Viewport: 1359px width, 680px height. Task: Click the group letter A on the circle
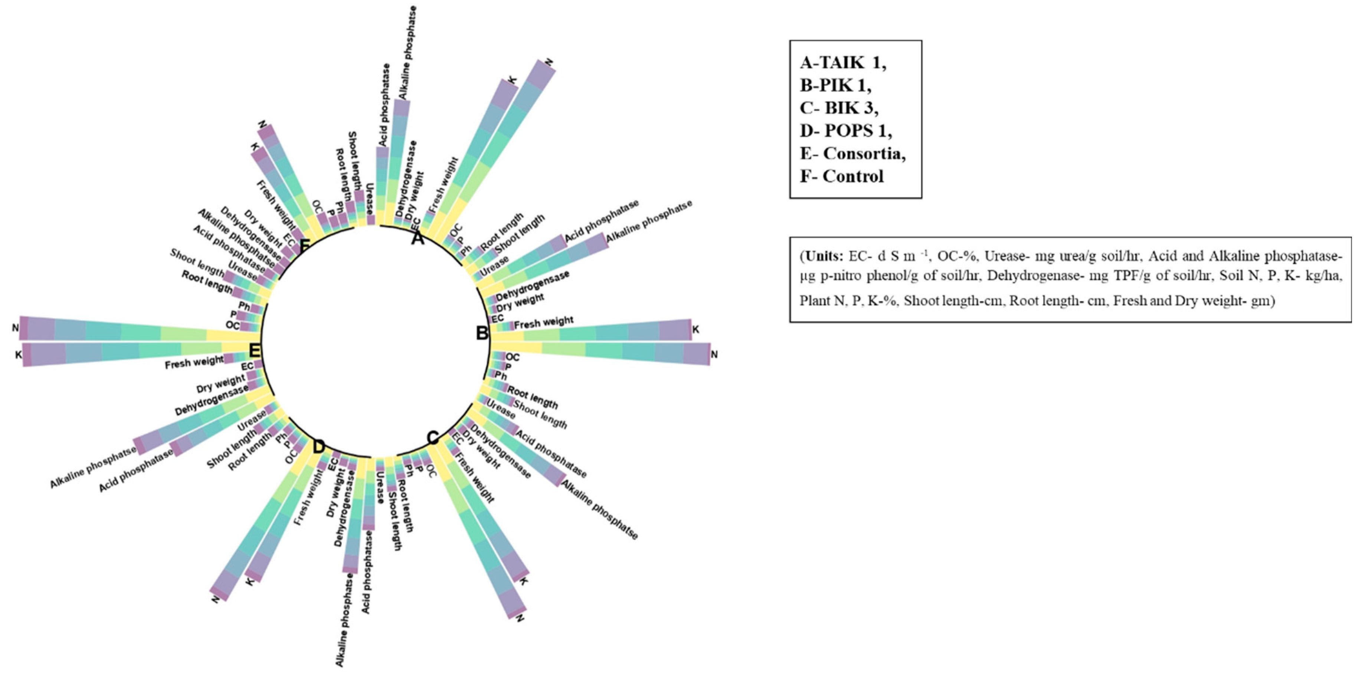pyautogui.click(x=417, y=239)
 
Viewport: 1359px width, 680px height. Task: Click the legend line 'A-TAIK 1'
pyautogui.click(x=842, y=63)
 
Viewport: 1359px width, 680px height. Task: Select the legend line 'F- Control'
pyautogui.click(x=841, y=176)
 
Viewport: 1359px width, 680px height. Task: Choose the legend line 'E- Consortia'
pyautogui.click(x=852, y=154)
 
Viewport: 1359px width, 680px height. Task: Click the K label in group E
pyautogui.click(x=19, y=355)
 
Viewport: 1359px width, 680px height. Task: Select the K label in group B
pyautogui.click(x=695, y=330)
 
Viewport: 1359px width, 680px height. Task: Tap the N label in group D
pyautogui.click(x=215, y=599)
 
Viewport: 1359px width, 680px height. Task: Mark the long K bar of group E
pyautogui.click(x=132, y=352)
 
